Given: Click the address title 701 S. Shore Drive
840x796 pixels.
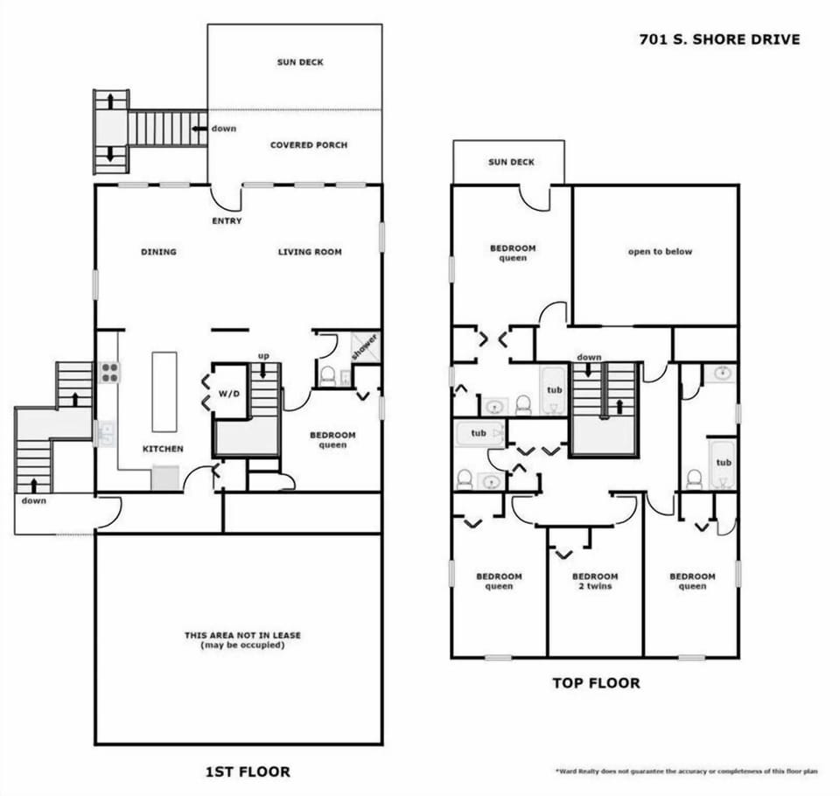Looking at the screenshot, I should coord(717,39).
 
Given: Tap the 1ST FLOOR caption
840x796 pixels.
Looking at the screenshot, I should coord(247,772).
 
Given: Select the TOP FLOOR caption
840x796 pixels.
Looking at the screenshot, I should coord(595,682).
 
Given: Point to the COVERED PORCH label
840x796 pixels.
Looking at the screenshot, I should coord(308,145).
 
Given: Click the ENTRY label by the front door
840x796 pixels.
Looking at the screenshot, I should coord(227,221).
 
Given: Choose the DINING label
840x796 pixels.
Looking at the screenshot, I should coord(158,252).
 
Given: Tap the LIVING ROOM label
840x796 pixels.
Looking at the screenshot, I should coord(310,252).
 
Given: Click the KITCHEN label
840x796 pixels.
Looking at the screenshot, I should coord(164,449).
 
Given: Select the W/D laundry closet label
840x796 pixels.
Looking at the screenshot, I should coord(229,393).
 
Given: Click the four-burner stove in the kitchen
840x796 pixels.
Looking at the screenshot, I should coord(109,373).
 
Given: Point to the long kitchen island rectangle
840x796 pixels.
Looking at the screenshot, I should coord(164,391).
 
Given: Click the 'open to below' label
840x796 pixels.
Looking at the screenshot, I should coord(660,252).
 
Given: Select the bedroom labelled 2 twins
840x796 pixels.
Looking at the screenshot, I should coord(595,582).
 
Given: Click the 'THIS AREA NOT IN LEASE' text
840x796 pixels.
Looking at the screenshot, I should coord(242,636).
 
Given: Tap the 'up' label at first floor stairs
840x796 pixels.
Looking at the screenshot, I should coord(262,355).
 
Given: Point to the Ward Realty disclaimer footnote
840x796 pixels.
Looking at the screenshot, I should coord(686,772).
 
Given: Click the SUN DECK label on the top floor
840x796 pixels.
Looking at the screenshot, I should coord(511,162).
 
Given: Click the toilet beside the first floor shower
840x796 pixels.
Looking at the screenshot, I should coord(328,376).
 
